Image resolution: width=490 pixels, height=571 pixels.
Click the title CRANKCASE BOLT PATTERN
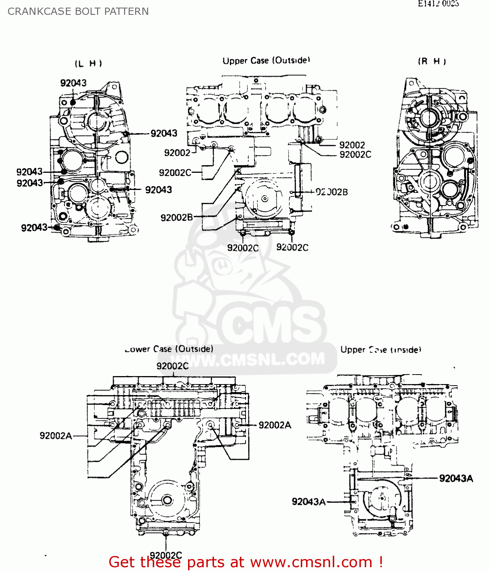(x=78, y=11)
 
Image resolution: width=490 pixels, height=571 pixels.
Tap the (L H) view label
(x=88, y=63)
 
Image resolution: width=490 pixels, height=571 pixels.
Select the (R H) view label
(x=432, y=61)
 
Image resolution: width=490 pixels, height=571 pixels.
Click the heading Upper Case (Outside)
(x=266, y=61)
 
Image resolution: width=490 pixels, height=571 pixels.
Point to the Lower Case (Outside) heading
(x=169, y=349)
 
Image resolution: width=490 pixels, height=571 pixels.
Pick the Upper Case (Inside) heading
(x=381, y=349)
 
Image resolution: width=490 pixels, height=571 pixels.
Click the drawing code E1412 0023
(x=438, y=4)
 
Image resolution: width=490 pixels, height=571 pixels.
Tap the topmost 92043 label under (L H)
(x=73, y=83)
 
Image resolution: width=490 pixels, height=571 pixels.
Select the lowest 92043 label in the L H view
(x=34, y=228)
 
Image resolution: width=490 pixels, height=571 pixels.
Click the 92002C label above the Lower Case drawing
(x=172, y=366)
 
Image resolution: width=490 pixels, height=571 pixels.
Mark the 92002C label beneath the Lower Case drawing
(x=166, y=555)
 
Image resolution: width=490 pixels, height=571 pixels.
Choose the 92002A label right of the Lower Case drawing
(x=275, y=425)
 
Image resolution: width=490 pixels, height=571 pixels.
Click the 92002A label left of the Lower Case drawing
(x=56, y=435)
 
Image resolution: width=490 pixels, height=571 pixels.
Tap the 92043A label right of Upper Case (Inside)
(x=456, y=478)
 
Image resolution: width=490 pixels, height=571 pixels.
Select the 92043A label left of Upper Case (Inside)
(x=309, y=502)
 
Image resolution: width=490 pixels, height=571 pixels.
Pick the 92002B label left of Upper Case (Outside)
(x=177, y=217)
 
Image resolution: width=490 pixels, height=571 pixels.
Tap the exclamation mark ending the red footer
(x=380, y=562)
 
